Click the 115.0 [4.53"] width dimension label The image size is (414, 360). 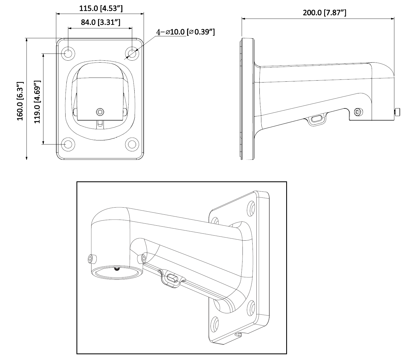pos(101,8)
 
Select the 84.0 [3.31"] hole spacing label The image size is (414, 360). pos(100,22)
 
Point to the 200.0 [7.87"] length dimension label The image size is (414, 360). pos(324,13)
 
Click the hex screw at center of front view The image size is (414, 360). pos(100,111)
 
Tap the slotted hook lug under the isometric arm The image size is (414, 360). pos(172,279)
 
